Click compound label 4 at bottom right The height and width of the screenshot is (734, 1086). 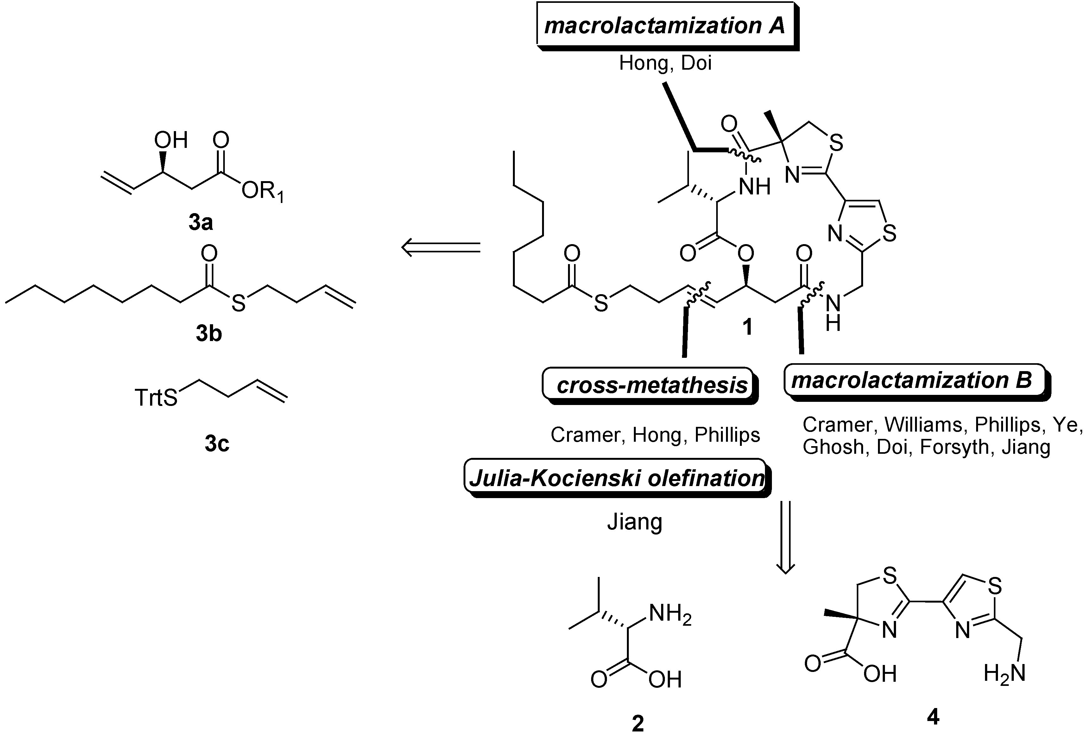click(x=933, y=716)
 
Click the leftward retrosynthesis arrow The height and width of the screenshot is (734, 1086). click(x=441, y=247)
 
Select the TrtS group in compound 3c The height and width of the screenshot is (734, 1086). click(x=156, y=397)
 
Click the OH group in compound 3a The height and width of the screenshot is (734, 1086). click(x=171, y=140)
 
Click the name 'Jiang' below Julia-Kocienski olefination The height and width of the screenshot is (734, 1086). click(x=635, y=522)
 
